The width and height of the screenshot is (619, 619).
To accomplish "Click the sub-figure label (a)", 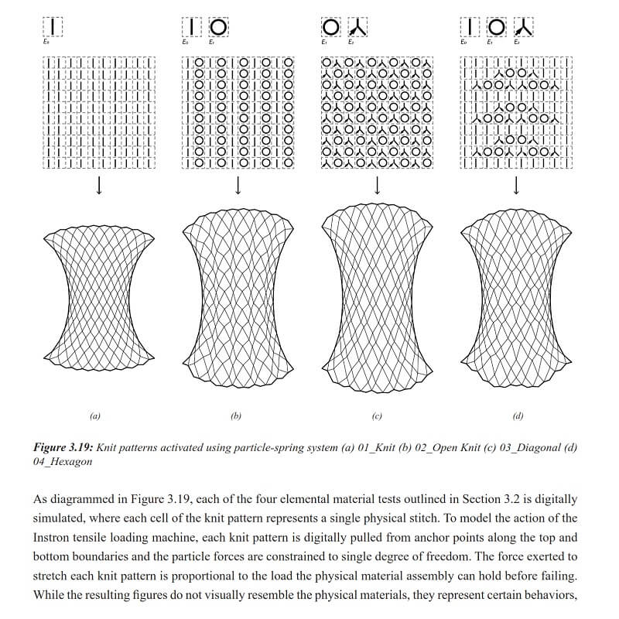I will click(95, 416).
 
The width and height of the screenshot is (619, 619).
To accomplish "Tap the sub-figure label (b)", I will click(236, 416).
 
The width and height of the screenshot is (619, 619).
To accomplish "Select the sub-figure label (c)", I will click(377, 416).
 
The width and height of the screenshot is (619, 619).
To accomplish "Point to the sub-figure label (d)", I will click(518, 416).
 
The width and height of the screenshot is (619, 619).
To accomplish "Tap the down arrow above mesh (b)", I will click(238, 186).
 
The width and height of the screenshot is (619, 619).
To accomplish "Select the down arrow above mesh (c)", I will click(378, 186).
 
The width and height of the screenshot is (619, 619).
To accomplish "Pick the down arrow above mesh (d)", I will click(516, 186).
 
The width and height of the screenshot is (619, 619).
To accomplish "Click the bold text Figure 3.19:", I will click(66, 447).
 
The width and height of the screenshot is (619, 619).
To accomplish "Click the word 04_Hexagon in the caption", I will click(59, 461).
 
